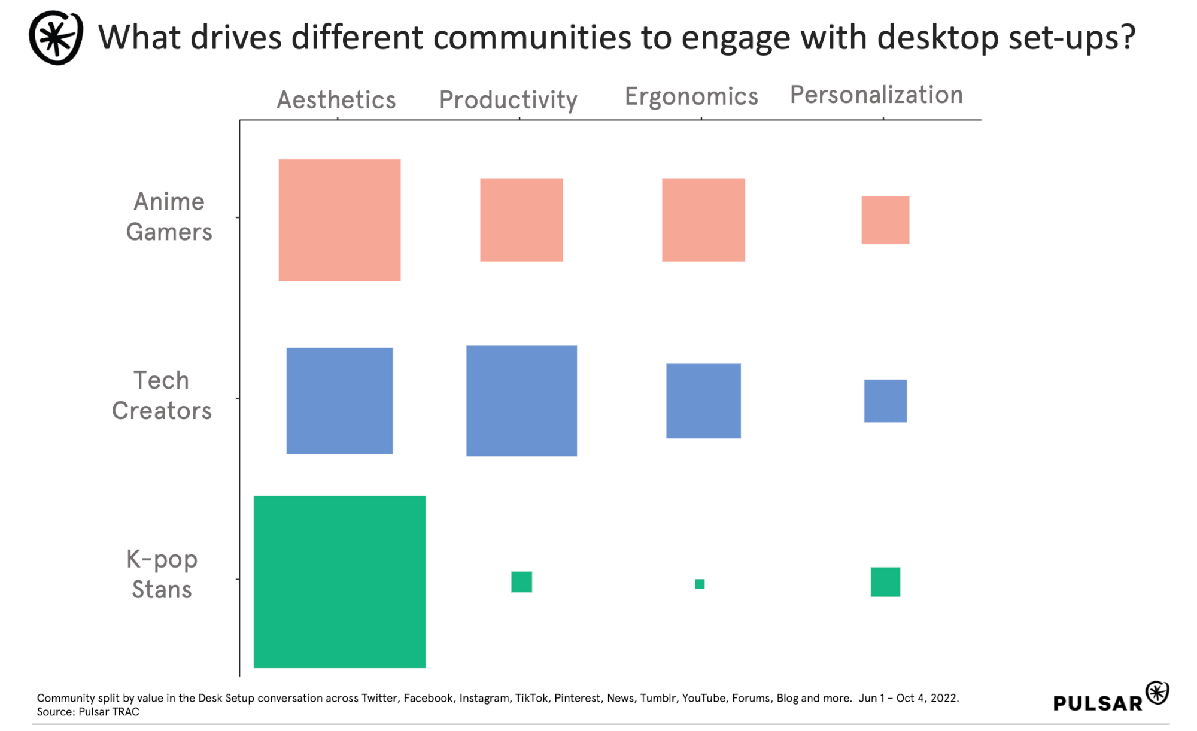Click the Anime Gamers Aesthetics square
[339, 220]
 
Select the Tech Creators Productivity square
[521, 401]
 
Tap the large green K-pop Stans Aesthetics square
[339, 581]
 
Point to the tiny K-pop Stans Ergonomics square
[700, 584]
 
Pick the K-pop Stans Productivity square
[521, 581]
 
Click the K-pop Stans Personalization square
[885, 581]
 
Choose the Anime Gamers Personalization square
[885, 220]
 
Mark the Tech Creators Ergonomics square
[703, 401]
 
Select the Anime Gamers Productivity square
[521, 220]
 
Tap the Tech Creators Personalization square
[885, 401]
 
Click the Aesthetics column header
[336, 100]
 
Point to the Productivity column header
[508, 100]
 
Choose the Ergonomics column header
[691, 96]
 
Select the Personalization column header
[876, 95]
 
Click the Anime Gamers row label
[169, 217]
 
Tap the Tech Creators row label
[162, 395]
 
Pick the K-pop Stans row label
[162, 574]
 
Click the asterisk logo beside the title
[56, 38]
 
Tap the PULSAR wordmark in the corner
[1098, 703]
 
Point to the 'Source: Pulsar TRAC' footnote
[88, 712]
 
